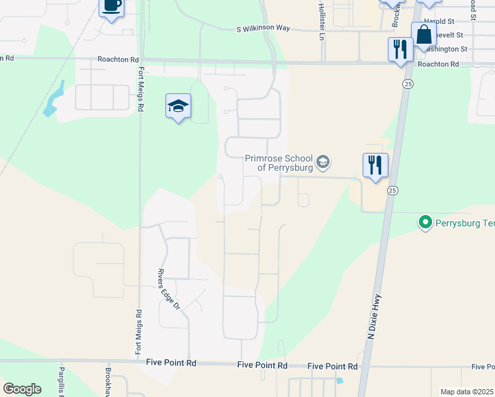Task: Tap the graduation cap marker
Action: (178, 106)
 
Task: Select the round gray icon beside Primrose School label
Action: (322, 161)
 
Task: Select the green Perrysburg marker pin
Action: (425, 222)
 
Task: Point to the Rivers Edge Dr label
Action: (168, 289)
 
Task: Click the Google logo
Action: (22, 388)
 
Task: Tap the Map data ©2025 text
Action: (467, 392)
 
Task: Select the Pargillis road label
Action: (60, 381)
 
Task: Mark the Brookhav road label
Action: (108, 382)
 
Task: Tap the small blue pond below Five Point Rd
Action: (339, 380)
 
